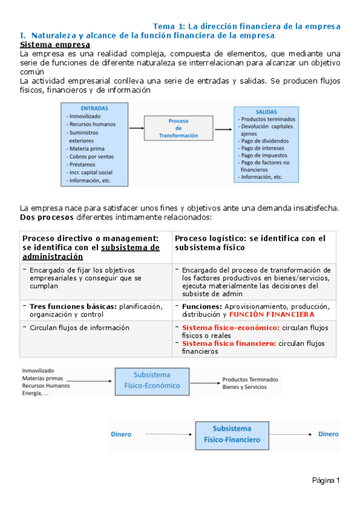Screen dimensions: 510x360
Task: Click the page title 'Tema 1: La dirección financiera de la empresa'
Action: click(246, 26)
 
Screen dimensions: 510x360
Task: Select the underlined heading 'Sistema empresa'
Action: click(55, 45)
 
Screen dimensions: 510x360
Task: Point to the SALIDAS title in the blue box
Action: click(267, 112)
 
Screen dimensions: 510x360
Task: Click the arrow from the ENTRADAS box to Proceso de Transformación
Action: click(136, 128)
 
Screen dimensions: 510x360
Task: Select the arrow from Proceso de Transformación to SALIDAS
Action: click(223, 128)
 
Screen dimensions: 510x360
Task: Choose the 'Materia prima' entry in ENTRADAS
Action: click(88, 148)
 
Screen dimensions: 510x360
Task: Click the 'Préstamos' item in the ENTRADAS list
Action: click(84, 164)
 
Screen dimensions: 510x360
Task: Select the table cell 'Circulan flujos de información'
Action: click(79, 328)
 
